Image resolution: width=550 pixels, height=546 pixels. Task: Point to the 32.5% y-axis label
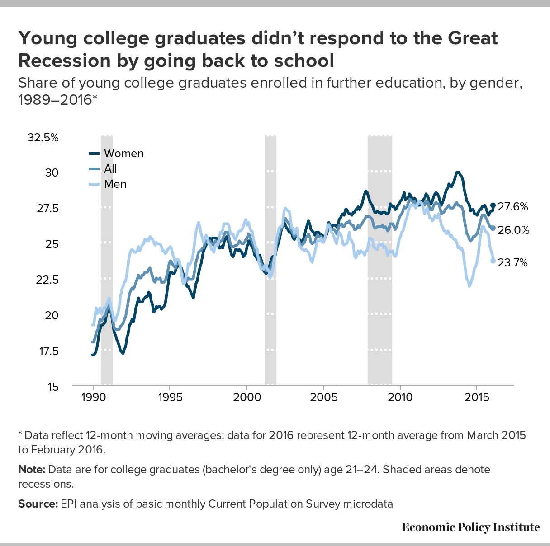click(x=43, y=138)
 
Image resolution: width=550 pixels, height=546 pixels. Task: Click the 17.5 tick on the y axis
click(x=47, y=351)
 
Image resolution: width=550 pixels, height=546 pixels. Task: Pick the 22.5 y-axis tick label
click(x=47, y=280)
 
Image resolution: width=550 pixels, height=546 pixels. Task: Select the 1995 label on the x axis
click(x=170, y=397)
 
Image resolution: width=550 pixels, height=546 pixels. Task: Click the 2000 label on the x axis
click(x=247, y=397)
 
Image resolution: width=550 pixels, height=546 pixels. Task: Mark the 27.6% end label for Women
click(x=513, y=207)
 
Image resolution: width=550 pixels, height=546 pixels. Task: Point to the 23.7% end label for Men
click(x=512, y=262)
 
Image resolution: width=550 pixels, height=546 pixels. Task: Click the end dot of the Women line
click(x=493, y=205)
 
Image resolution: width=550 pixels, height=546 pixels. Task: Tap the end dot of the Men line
click(x=493, y=261)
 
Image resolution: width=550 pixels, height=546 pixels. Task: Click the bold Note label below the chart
click(x=32, y=469)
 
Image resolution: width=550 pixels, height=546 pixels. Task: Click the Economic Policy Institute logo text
click(x=471, y=527)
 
